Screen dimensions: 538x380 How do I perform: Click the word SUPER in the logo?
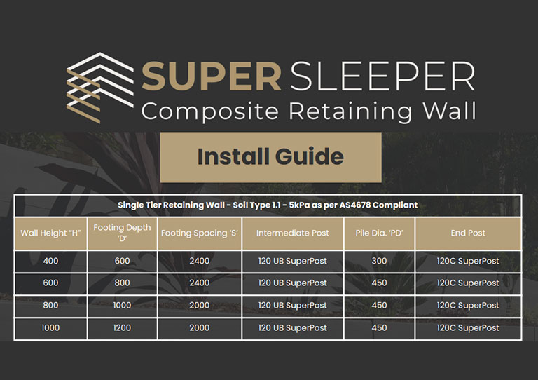tap(212, 76)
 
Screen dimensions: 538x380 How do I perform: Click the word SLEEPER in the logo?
tap(383, 76)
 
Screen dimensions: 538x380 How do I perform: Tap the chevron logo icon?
tap(100, 88)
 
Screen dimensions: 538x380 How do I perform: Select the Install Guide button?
tap(270, 157)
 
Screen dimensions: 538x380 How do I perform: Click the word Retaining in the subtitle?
tap(350, 111)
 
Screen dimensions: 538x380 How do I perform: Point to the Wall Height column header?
tap(50, 233)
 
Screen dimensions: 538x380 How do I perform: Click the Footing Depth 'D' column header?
tap(122, 233)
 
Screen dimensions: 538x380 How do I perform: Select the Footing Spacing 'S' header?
tap(200, 233)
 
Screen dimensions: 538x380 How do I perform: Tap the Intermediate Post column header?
tap(293, 233)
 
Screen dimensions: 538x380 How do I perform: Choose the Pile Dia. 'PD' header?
tap(379, 233)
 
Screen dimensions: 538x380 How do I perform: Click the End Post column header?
tap(468, 233)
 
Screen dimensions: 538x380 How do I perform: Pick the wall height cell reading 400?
tap(50, 261)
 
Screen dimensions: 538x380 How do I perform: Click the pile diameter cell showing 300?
tap(379, 261)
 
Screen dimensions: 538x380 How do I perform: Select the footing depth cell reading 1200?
tap(122, 328)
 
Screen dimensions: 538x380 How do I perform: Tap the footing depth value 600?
tap(122, 261)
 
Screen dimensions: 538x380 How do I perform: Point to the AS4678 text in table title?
tap(354, 205)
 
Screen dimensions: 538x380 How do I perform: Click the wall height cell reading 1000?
tap(50, 328)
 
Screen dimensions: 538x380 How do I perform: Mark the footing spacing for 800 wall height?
tap(200, 305)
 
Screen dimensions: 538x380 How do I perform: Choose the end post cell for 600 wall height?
tap(468, 283)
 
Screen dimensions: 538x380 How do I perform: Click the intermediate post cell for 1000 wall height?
tap(293, 328)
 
